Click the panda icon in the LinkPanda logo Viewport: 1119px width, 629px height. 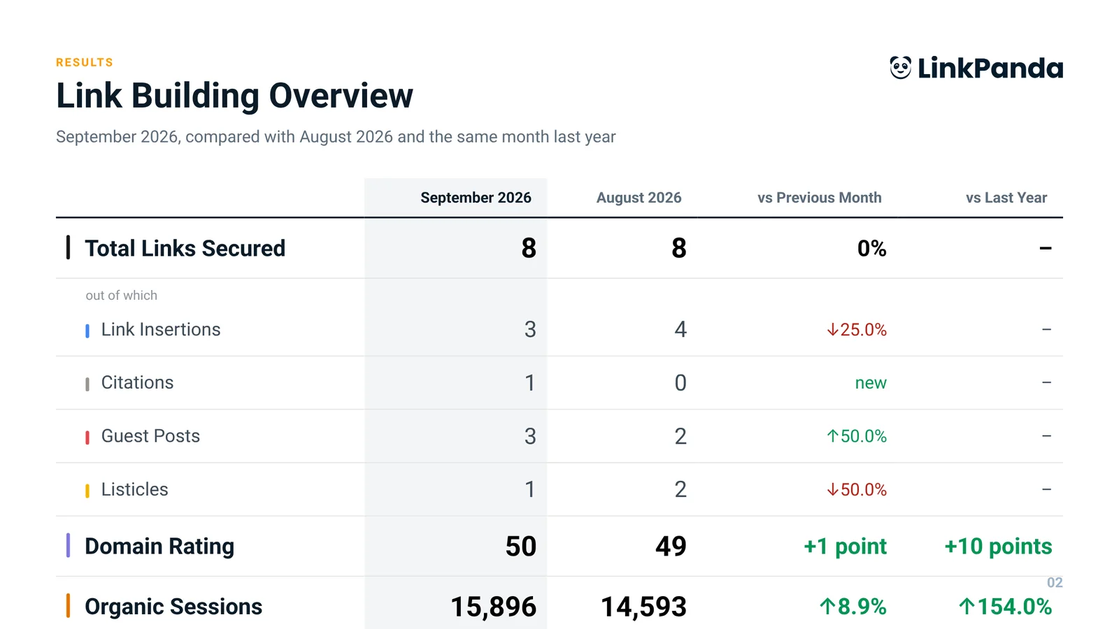[901, 67]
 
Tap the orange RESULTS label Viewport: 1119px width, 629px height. [85, 62]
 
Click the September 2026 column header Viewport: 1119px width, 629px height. [476, 198]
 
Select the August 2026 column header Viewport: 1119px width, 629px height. [639, 198]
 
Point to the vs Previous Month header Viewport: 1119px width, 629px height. [819, 198]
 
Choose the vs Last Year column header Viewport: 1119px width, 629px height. [1006, 198]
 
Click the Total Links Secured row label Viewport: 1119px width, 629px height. [185, 248]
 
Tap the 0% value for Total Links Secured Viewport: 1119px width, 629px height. [871, 248]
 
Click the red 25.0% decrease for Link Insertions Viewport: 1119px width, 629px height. [857, 329]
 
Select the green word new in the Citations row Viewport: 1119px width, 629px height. [871, 383]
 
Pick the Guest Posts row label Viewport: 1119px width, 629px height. [150, 436]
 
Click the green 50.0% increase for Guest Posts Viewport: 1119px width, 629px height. [857, 436]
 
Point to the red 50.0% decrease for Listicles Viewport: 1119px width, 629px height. [857, 490]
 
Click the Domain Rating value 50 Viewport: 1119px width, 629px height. [520, 546]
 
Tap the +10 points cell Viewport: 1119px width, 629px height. [998, 546]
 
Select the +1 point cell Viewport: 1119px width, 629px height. [846, 546]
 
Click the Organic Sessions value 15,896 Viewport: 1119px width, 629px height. [494, 607]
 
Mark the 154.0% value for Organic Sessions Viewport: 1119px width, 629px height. [1005, 607]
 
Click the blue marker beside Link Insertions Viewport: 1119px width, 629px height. [87, 331]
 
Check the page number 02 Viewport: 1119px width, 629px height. [1055, 583]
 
